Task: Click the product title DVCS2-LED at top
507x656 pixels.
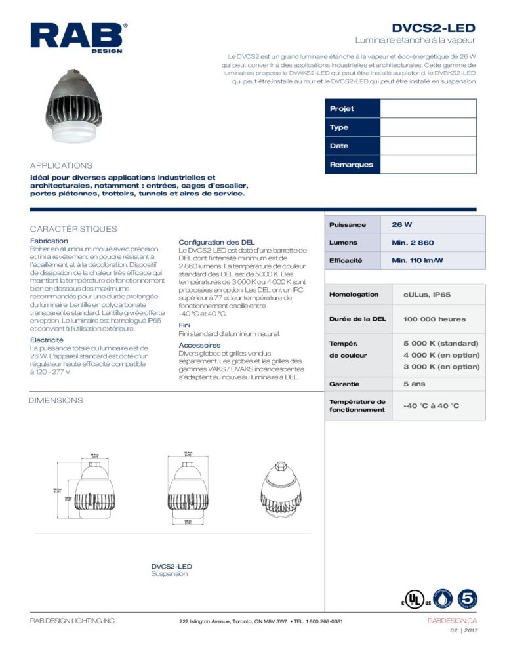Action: (433, 28)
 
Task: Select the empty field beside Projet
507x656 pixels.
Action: (428, 109)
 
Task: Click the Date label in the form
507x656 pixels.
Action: (339, 146)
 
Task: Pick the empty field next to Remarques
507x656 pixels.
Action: (428, 165)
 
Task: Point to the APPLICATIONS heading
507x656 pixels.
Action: (61, 165)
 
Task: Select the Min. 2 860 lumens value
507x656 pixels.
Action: (413, 243)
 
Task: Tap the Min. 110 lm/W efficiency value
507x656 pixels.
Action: (417, 261)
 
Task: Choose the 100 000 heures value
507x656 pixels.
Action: (434, 319)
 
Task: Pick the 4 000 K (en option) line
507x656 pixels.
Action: (441, 355)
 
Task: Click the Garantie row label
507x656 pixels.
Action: (344, 383)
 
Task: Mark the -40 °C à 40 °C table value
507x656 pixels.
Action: (431, 406)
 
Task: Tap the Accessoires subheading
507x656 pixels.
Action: (199, 345)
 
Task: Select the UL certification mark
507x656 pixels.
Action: (411, 600)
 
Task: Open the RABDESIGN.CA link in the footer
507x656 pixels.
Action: (451, 621)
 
